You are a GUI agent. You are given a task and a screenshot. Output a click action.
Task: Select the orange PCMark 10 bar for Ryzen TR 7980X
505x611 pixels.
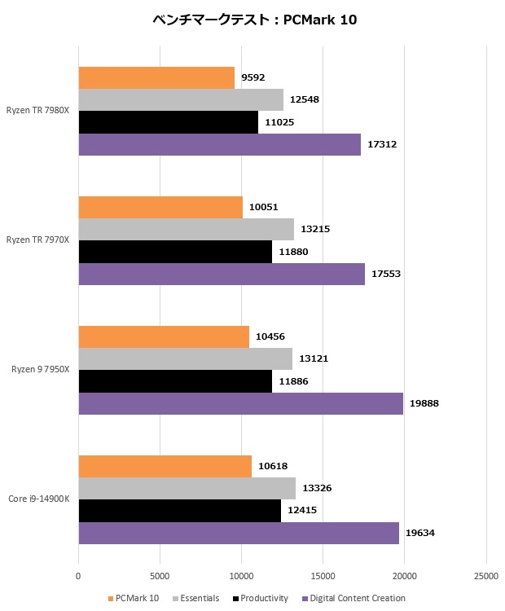[156, 77]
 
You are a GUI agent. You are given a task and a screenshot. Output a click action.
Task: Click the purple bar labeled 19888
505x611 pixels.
[240, 403]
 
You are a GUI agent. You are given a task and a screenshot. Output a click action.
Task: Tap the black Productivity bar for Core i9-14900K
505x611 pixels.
[179, 511]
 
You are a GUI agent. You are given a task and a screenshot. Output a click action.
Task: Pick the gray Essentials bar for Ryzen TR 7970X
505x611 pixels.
[186, 229]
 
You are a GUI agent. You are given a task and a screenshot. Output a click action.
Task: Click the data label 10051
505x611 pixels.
[263, 207]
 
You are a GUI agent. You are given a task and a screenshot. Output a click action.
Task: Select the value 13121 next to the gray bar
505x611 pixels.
[313, 358]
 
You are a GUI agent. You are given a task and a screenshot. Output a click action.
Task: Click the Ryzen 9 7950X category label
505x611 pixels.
[41, 370]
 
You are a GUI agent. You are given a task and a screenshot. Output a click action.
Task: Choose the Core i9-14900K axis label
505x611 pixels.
[39, 499]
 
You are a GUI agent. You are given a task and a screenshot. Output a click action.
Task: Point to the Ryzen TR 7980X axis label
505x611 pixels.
[37, 109]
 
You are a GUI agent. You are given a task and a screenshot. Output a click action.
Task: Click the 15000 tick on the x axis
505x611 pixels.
[323, 577]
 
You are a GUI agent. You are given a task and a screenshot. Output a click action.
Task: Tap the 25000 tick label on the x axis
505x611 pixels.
[485, 577]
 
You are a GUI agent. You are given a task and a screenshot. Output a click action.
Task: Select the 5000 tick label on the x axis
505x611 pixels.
[160, 577]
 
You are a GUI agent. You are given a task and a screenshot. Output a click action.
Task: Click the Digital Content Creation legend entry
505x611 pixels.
[354, 599]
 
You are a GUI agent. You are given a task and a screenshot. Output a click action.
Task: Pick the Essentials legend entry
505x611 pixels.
[199, 599]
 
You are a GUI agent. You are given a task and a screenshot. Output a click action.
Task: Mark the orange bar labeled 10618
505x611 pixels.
[165, 466]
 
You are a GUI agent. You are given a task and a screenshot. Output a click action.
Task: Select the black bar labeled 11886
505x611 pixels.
[174, 381]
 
